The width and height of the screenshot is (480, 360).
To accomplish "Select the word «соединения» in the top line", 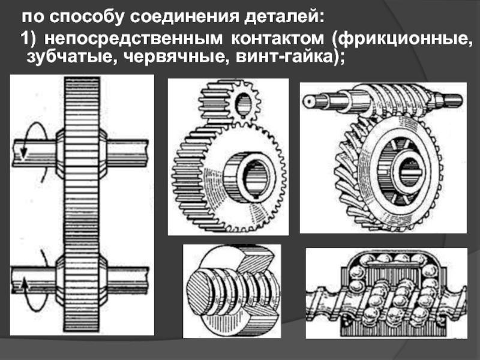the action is tap(184, 17).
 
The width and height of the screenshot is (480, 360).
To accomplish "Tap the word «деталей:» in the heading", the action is tap(284, 17).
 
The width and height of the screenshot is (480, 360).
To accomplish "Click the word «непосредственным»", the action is tap(133, 39).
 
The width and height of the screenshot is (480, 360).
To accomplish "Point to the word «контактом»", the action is tap(277, 39).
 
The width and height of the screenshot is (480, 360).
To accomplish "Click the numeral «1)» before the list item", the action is tap(28, 39).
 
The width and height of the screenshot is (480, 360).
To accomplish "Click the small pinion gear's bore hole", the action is tap(243, 104).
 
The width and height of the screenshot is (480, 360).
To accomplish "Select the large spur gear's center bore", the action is tap(256, 178).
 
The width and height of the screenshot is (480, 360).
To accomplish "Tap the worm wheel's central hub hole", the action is tap(410, 173).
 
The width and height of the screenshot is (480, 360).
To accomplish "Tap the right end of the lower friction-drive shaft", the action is tap(146, 280).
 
